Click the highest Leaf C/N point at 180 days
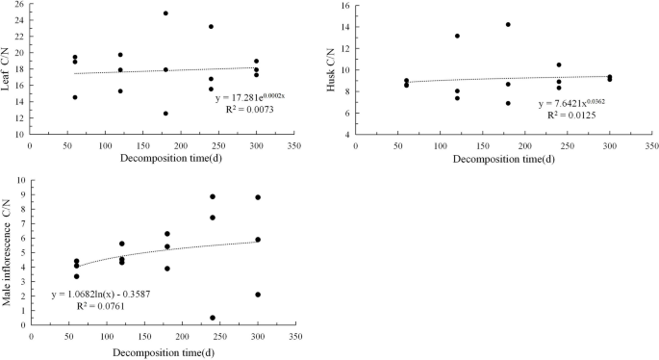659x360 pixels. (165, 13)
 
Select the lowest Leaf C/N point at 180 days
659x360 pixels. (165, 114)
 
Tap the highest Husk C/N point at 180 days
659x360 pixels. (508, 25)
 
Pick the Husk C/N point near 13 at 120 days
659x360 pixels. (457, 36)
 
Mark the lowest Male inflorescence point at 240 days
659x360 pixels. (213, 318)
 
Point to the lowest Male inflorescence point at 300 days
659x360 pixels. (258, 295)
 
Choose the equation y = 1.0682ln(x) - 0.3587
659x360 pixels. (101, 294)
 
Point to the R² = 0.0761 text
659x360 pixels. (101, 307)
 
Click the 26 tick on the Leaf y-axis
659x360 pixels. (20, 6)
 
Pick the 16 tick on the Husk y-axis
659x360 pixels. (345, 6)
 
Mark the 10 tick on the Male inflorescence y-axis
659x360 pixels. (20, 182)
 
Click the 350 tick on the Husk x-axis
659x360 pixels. (651, 144)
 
